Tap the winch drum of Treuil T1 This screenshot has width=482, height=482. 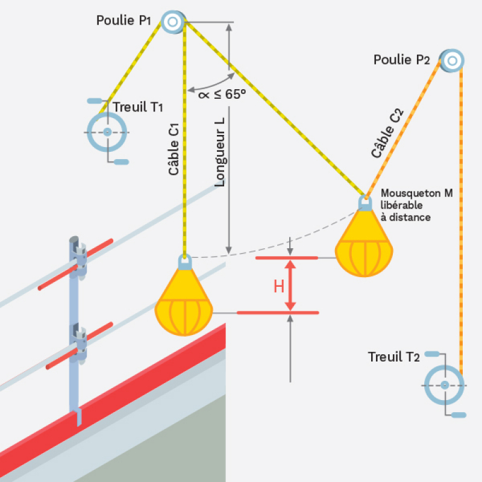tap(107, 132)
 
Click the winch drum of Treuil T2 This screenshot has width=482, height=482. tap(444, 385)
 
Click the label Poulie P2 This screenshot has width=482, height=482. tap(401, 60)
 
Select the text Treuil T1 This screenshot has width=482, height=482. tap(139, 107)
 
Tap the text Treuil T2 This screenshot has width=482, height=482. tap(393, 357)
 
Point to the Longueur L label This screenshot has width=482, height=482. tap(220, 151)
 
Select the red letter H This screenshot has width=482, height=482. tap(279, 286)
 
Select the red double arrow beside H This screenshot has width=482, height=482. tap(291, 286)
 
